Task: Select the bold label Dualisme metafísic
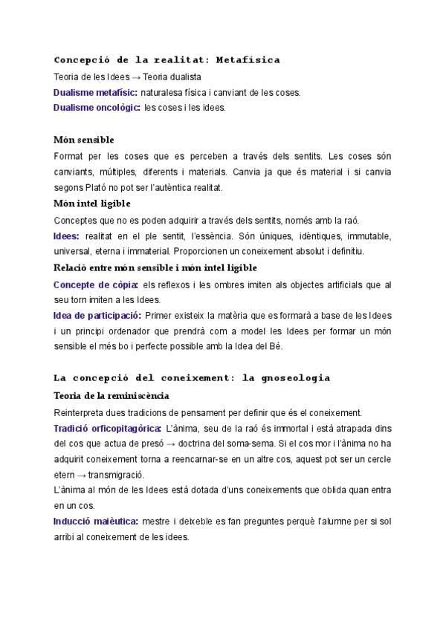95,93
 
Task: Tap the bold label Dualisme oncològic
97,108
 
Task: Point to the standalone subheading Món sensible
83,140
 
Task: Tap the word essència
213,236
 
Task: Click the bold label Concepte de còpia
96,285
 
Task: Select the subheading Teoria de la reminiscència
111,395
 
